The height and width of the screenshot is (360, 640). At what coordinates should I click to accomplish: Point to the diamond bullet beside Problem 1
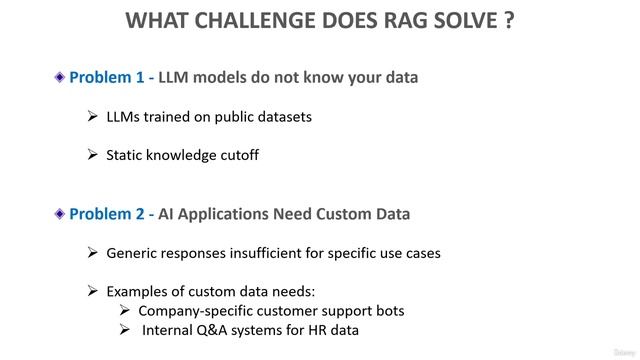tap(60, 77)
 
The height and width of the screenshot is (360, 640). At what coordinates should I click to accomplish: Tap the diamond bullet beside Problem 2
tap(60, 214)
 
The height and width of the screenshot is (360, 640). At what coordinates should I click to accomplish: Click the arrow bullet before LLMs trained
tap(93, 117)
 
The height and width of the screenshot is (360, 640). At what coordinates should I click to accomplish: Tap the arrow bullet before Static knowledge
tap(93, 155)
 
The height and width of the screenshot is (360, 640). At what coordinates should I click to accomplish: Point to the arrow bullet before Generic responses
tap(93, 253)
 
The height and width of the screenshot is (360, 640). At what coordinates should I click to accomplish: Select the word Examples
tap(140, 291)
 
